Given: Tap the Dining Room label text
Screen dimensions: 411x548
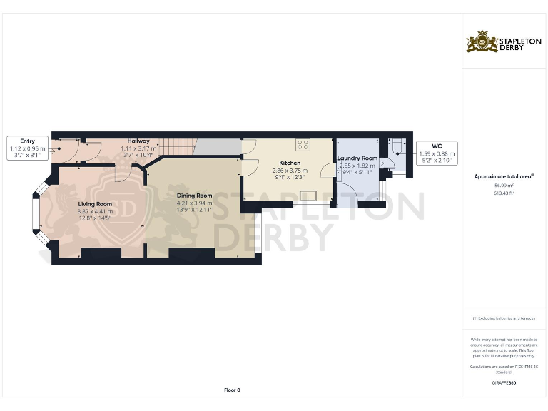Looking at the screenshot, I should (x=194, y=196).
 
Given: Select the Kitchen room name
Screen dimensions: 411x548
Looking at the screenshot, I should (x=289, y=163).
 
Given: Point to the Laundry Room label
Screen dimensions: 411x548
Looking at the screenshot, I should (x=357, y=158).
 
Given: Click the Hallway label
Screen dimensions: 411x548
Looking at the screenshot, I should (x=138, y=141).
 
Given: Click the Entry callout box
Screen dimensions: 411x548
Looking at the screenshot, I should (x=27, y=147).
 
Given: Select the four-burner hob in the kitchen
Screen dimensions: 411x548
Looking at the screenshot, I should (x=303, y=144).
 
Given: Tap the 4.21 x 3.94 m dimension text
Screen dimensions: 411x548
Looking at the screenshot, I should (x=194, y=203).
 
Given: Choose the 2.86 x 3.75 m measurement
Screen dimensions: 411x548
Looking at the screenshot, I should (x=289, y=171).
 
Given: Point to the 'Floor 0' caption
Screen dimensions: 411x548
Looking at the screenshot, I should (x=232, y=390).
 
